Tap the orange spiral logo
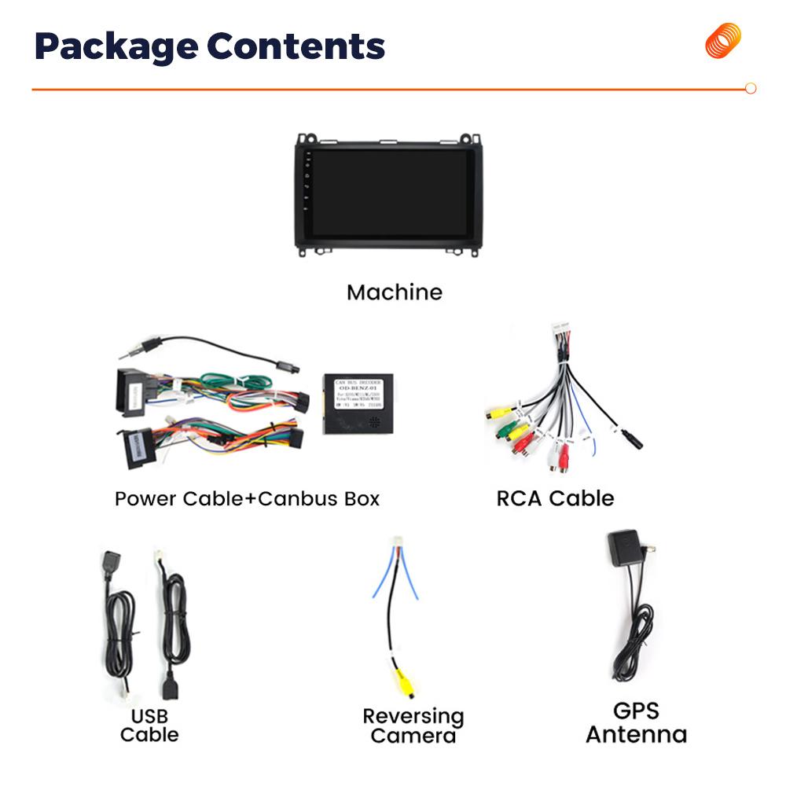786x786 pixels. [x=722, y=40]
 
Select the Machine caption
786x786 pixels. [x=395, y=292]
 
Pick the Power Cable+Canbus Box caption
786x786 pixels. [x=247, y=498]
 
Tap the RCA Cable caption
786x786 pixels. [x=555, y=498]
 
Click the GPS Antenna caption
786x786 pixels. [x=636, y=723]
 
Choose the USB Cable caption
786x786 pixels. [x=149, y=725]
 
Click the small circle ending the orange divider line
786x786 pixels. [x=750, y=89]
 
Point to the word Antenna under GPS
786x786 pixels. [x=636, y=735]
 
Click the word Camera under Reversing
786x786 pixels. [x=413, y=736]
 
